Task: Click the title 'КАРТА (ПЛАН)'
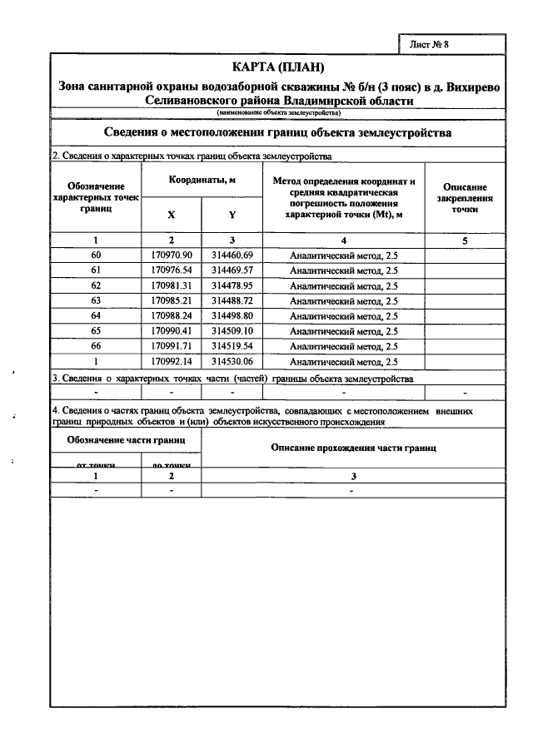point(277,67)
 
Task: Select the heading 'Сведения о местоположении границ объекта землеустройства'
point(277,132)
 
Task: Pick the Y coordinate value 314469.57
point(232,270)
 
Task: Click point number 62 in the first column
point(95,286)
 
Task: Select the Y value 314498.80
point(232,316)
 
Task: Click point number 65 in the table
point(95,331)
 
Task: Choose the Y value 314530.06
point(232,362)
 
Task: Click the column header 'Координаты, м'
point(202,180)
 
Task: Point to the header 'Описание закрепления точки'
point(465,199)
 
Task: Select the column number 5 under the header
point(465,240)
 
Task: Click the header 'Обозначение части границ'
point(126,438)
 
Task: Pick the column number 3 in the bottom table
point(353,476)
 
